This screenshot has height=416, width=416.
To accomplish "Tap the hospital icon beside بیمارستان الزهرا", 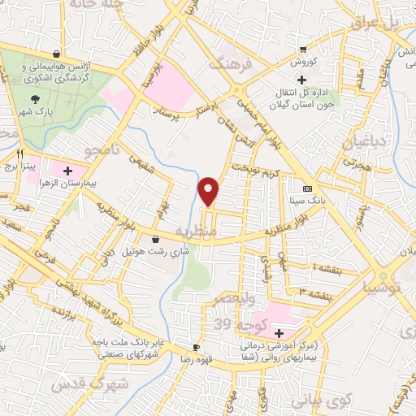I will click(67, 171).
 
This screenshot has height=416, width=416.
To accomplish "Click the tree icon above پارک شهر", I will click(33, 98).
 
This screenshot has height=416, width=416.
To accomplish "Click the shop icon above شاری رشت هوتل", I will click(155, 240).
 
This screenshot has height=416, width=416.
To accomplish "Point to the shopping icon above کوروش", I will click(303, 49).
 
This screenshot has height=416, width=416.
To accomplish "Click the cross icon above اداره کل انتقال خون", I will click(302, 80).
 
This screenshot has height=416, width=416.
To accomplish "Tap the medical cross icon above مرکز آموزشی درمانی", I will click(279, 333).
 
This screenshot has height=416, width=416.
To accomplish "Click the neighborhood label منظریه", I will click(215, 231).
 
